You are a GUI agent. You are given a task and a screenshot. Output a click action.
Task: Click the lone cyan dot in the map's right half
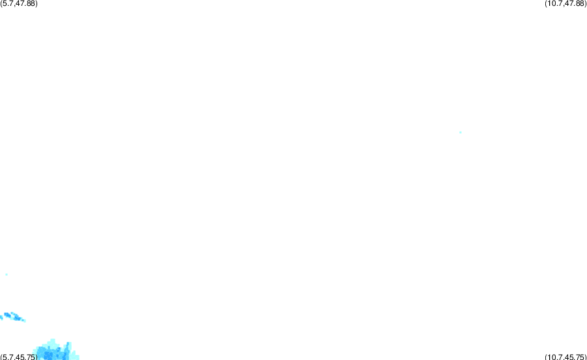coord(460,132)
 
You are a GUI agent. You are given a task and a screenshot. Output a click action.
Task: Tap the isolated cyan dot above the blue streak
coord(7,275)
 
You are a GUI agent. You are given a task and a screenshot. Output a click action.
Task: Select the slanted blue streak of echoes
coord(13,317)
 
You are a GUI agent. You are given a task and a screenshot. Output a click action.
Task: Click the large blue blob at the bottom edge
coord(56,350)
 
